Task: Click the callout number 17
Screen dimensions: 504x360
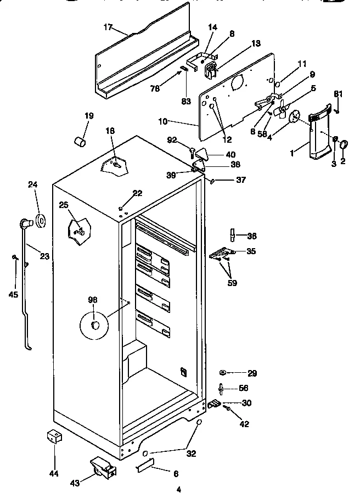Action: [108, 27]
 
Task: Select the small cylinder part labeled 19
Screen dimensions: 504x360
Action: [81, 141]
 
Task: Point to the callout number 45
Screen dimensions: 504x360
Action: [14, 294]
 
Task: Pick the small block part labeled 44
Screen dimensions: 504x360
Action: [54, 437]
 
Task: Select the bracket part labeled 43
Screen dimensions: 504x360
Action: [103, 467]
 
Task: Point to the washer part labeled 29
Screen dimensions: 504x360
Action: [224, 372]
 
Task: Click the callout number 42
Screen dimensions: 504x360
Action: [244, 423]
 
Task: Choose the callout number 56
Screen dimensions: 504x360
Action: [244, 387]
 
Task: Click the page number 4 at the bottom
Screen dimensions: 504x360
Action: [178, 490]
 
